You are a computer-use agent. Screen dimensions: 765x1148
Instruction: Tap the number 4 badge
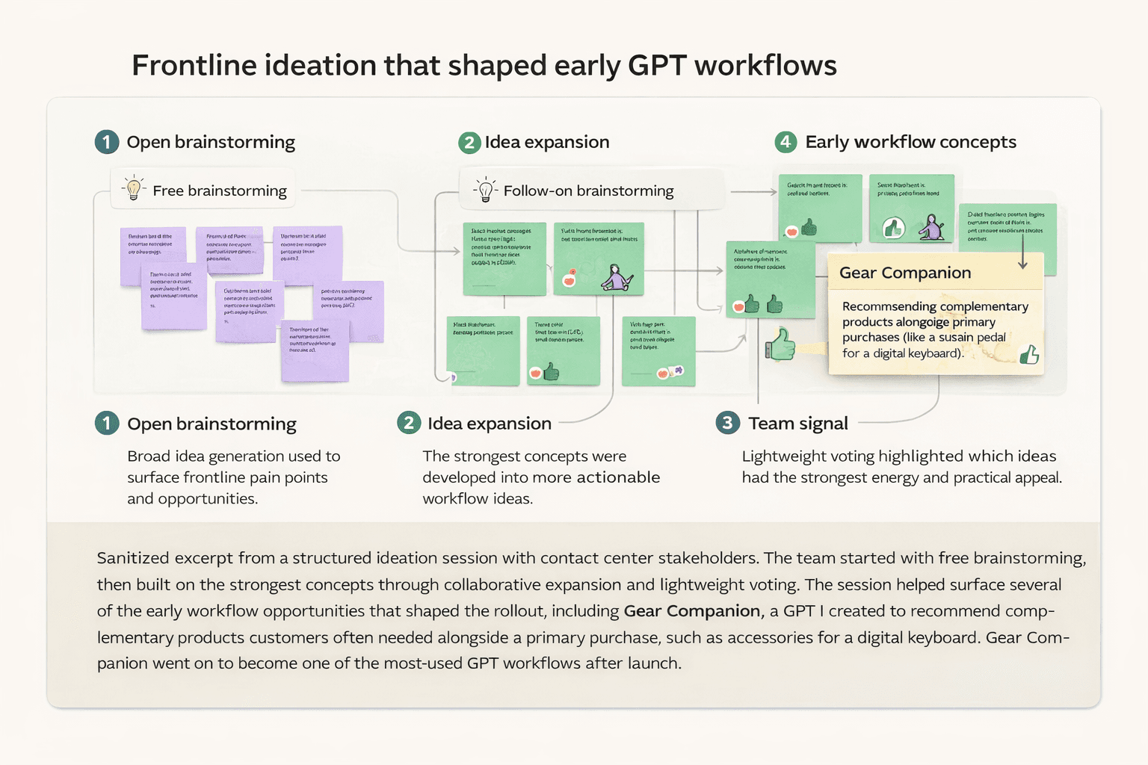pyautogui.click(x=786, y=142)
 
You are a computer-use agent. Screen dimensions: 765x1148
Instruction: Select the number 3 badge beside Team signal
pyautogui.click(x=727, y=423)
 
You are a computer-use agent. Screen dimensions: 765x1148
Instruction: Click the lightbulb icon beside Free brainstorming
pyautogui.click(x=134, y=188)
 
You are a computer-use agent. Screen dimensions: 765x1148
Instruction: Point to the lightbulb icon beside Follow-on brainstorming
pyautogui.click(x=486, y=190)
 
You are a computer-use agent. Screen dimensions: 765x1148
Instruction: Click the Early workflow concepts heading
pyautogui.click(x=910, y=142)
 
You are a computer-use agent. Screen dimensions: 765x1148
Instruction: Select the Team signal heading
pyautogui.click(x=798, y=424)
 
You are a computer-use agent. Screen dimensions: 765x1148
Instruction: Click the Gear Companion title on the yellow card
pyautogui.click(x=905, y=273)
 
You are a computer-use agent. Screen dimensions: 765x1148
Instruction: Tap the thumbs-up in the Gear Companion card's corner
pyautogui.click(x=1030, y=354)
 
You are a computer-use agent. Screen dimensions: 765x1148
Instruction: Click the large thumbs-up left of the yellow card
pyautogui.click(x=780, y=344)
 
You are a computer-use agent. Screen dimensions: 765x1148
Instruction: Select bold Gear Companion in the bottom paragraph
pyautogui.click(x=691, y=611)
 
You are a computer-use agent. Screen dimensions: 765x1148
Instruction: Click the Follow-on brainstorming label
pyautogui.click(x=588, y=191)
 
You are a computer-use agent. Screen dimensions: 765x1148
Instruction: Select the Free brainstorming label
pyautogui.click(x=220, y=191)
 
